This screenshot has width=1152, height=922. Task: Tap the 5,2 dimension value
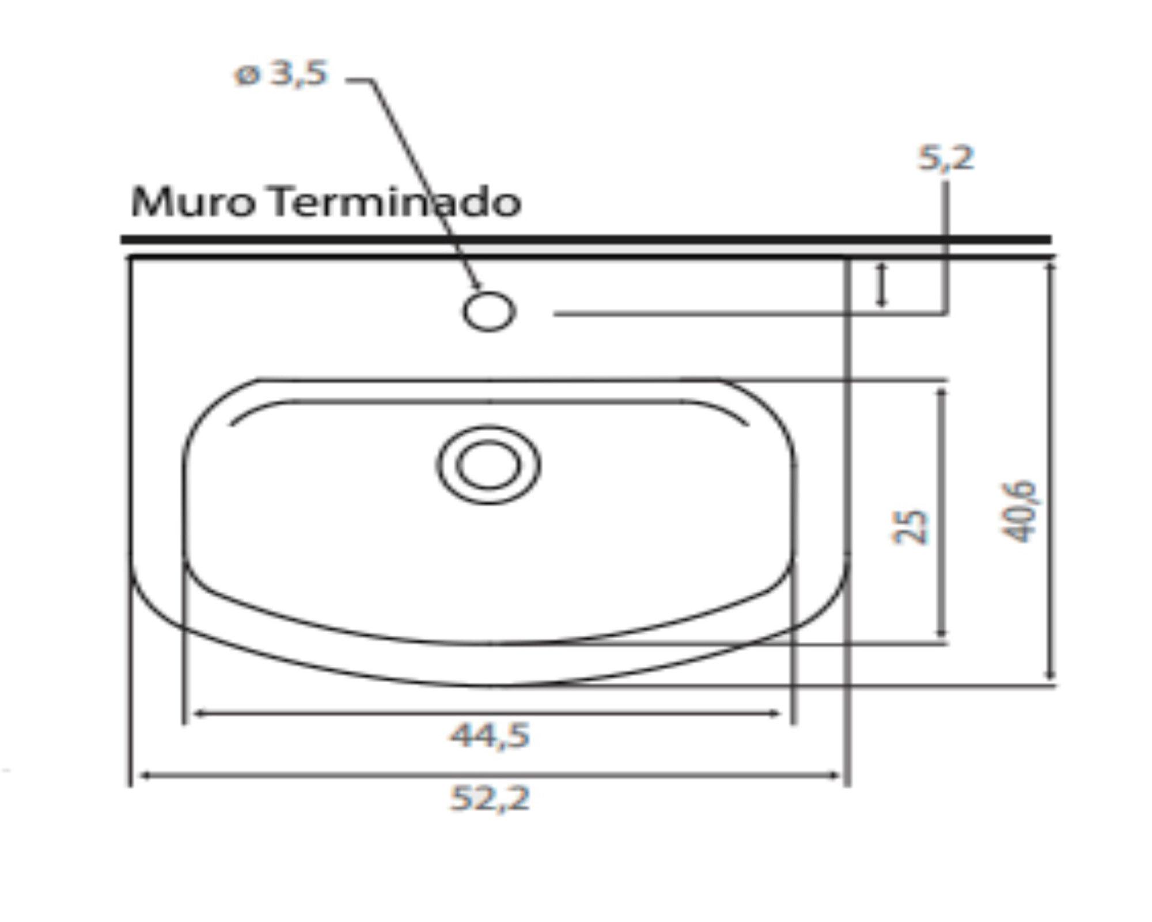coord(946,158)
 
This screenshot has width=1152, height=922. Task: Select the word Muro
coord(193,203)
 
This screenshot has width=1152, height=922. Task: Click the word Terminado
coord(396,203)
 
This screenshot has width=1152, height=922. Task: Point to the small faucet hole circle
coord(489,312)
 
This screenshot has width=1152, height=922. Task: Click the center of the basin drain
coord(488,464)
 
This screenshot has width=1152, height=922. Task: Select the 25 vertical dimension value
coord(910,526)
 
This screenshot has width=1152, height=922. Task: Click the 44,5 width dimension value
coord(490,736)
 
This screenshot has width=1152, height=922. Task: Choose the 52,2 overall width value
coord(490,799)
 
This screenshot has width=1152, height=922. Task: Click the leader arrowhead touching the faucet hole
coord(476,285)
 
